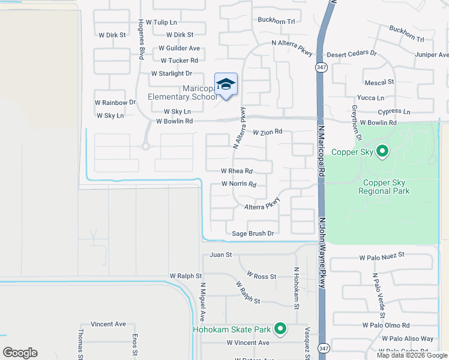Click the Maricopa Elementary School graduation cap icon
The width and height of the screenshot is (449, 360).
click(x=226, y=85)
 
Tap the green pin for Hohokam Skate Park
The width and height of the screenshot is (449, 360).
click(x=280, y=328)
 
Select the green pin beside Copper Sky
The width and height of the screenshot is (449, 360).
click(x=381, y=151)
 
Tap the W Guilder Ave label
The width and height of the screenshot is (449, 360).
click(x=179, y=48)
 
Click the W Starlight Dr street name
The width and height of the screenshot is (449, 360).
click(x=171, y=73)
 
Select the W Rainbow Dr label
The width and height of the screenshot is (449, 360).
click(x=115, y=103)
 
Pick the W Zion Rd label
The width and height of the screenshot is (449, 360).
click(x=267, y=131)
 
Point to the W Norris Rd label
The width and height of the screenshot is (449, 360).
click(x=239, y=184)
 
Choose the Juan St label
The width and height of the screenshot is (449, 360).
click(x=220, y=255)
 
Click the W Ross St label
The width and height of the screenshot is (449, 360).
click(x=256, y=277)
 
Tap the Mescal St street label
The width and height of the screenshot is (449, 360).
click(x=379, y=82)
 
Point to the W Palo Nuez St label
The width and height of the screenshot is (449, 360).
click(x=382, y=257)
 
